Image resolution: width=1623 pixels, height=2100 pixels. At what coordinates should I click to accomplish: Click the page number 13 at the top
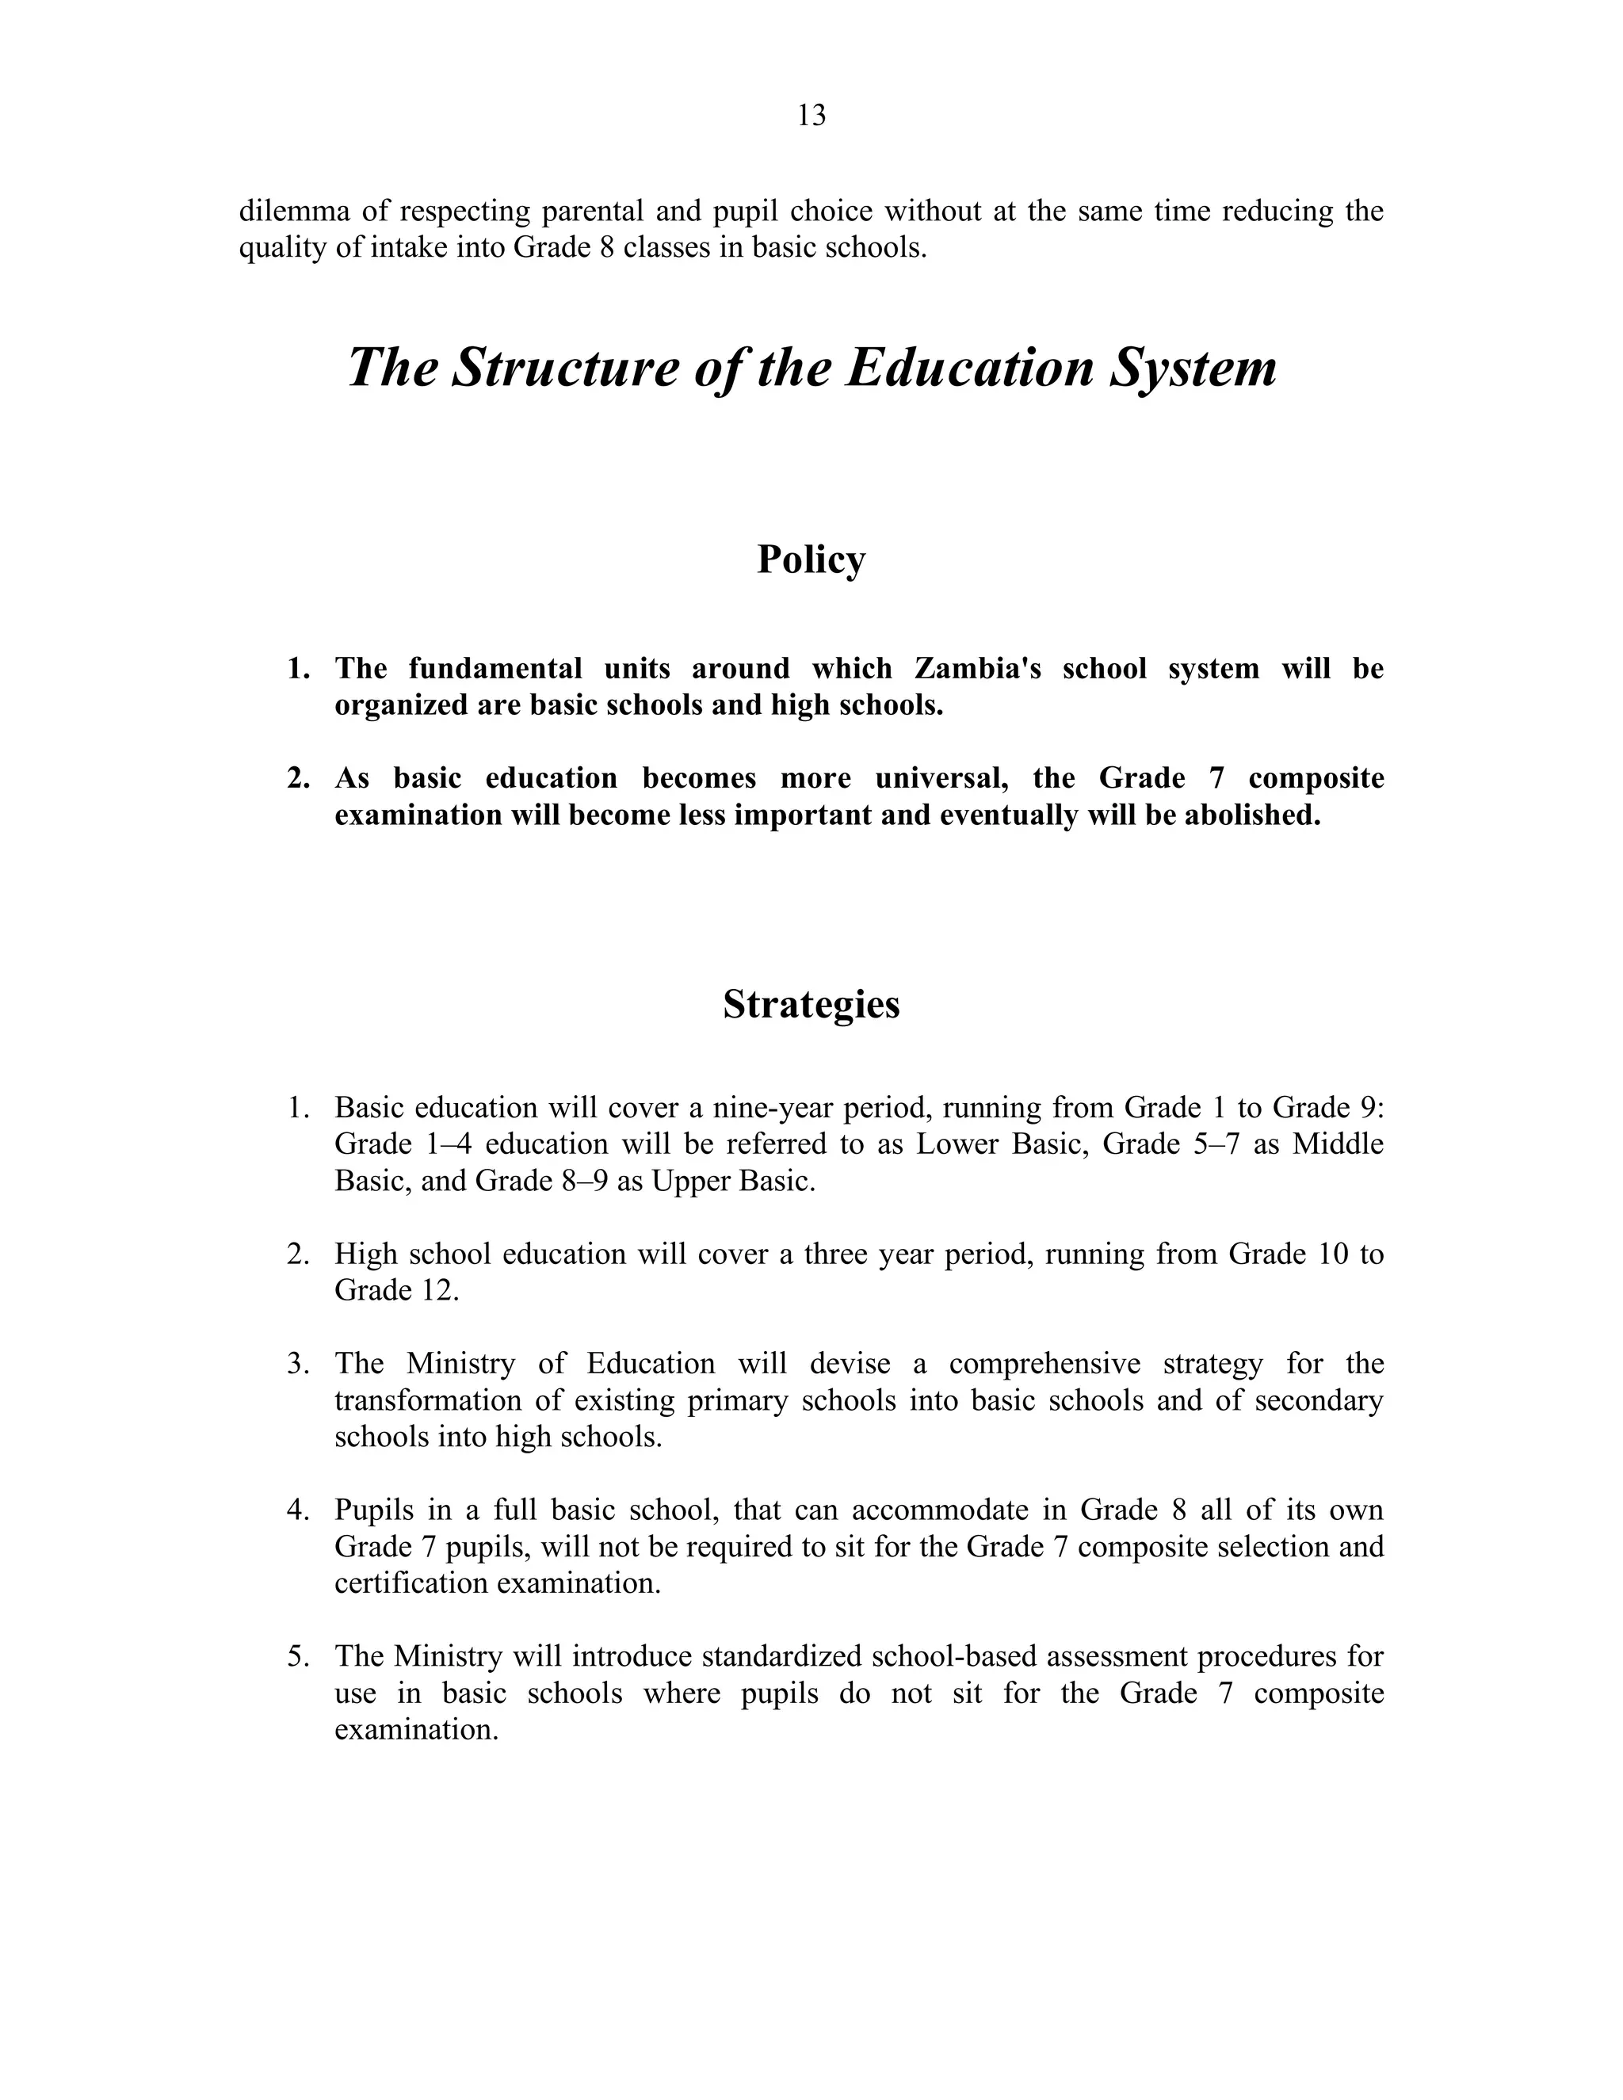click(x=811, y=116)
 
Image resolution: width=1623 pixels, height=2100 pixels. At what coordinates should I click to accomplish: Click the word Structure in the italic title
click(x=564, y=368)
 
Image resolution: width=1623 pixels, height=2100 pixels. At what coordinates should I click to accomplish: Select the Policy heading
click(x=811, y=559)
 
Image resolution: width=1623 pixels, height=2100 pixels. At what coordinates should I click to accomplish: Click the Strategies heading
click(x=811, y=1004)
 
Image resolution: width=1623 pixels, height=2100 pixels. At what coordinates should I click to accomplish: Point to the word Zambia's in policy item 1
click(x=977, y=668)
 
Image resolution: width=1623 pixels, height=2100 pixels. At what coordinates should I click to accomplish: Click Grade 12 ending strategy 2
click(x=396, y=1290)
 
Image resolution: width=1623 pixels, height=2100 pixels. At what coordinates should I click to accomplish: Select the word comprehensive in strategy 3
click(x=1044, y=1364)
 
